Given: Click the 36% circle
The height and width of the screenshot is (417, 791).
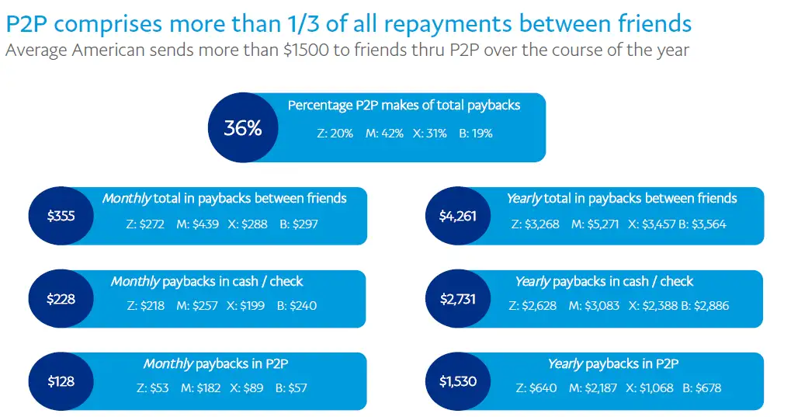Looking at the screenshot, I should pos(243,128).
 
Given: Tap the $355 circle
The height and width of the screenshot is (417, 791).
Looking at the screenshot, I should pos(61,216).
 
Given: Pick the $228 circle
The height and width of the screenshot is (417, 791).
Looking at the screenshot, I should pos(61,299).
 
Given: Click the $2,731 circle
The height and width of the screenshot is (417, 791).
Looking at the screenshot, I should pos(458,299).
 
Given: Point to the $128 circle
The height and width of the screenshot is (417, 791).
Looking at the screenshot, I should pos(61,381).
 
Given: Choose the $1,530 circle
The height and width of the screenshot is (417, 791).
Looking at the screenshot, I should pos(458,381).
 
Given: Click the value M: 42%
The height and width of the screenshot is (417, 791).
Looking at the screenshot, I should pos(385,133).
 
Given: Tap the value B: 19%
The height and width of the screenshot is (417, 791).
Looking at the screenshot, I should pos(475,133).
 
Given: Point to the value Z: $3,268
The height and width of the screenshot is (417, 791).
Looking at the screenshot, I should pos(534,224).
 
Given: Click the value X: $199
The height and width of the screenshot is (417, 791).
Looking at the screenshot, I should pos(246,306).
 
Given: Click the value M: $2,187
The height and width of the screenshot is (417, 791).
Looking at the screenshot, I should pos(594,387).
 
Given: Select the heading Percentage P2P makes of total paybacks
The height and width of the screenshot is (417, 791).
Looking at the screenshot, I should pos(404,105).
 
